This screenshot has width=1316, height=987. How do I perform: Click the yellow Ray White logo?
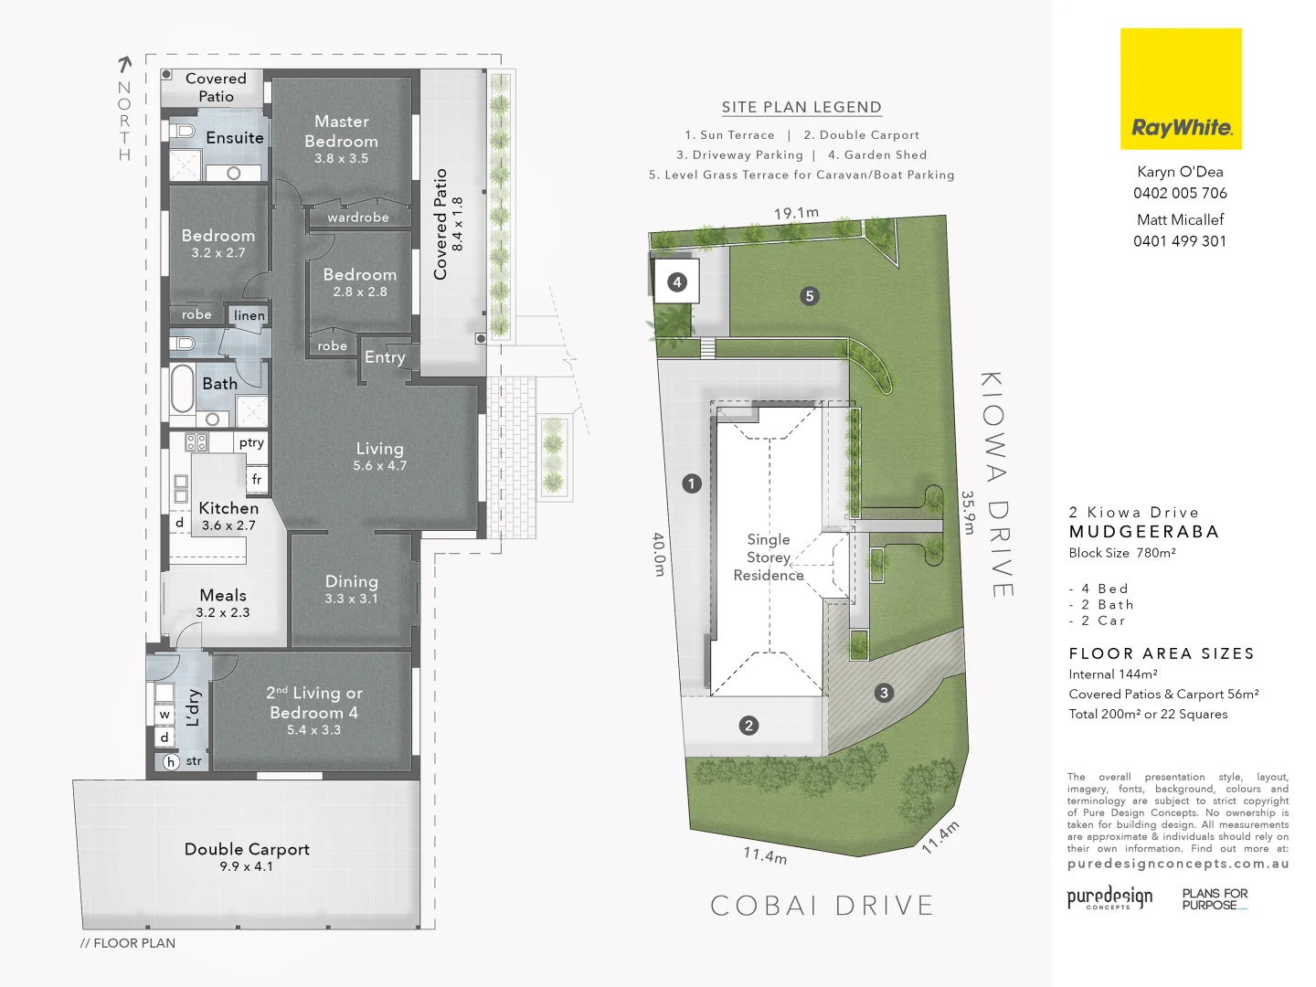[1181, 89]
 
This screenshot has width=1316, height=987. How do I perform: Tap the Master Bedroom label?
[341, 132]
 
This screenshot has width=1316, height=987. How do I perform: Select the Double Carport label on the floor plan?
[247, 849]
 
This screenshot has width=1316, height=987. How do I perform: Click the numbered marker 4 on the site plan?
[677, 281]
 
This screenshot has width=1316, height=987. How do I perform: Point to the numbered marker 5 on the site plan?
[809, 296]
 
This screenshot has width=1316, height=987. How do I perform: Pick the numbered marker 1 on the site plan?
[692, 483]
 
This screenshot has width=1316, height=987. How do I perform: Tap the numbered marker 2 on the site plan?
[749, 726]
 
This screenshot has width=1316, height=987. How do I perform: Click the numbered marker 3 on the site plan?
[884, 693]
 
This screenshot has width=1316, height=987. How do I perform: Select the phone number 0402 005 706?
[1180, 193]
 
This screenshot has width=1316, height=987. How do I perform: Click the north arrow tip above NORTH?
[125, 61]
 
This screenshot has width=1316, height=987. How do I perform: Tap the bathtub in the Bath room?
[183, 389]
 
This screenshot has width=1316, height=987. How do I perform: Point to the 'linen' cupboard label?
[249, 315]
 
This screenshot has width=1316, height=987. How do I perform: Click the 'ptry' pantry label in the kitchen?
[251, 442]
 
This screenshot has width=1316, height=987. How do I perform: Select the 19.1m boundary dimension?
[796, 213]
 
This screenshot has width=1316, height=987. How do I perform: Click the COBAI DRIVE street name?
[822, 906]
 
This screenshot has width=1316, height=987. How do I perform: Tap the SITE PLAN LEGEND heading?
[801, 107]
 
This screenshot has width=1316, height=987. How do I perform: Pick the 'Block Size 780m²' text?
[1122, 553]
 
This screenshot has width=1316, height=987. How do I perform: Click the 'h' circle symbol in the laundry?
[171, 761]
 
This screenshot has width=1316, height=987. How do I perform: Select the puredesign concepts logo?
[1109, 897]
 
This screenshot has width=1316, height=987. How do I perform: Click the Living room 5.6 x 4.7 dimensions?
[379, 466]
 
